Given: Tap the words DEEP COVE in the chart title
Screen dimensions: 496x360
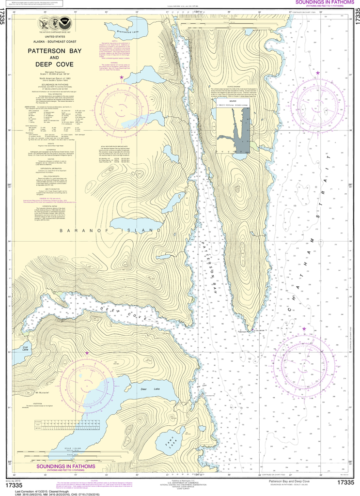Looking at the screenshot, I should [50, 64].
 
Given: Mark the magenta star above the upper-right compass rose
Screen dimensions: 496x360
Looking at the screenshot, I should [318, 73].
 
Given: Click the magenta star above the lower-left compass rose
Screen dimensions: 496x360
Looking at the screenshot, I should [87, 354].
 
